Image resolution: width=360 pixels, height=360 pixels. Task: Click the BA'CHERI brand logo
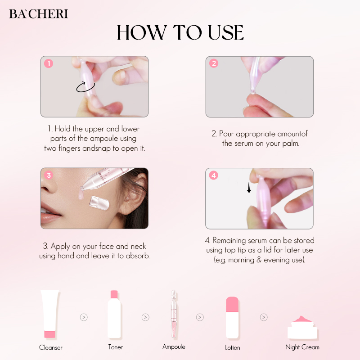click(x=38, y=14)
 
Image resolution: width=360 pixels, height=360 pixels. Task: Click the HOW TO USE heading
click(x=180, y=33)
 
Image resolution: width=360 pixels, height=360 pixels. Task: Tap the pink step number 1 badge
click(x=49, y=63)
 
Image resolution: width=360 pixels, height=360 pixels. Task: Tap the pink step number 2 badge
click(x=214, y=63)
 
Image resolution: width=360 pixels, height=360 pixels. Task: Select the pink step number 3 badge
click(x=49, y=175)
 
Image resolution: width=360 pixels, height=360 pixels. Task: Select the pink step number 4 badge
click(x=214, y=175)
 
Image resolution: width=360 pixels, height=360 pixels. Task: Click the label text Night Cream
click(x=302, y=347)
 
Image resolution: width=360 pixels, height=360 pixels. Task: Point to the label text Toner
click(x=115, y=347)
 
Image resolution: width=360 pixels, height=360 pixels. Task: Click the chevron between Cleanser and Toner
click(x=84, y=317)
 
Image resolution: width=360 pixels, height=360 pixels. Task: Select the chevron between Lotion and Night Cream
click(x=264, y=317)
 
